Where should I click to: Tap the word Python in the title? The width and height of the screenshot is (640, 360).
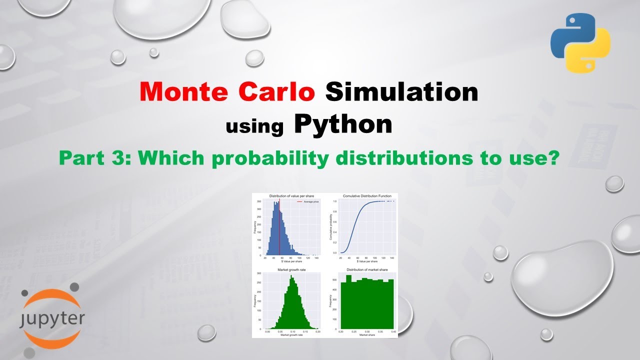pos(343,124)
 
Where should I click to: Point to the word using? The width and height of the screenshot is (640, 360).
pos(254,126)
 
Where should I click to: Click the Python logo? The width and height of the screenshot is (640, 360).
pos(580,43)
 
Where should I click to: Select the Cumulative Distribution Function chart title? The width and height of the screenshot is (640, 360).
pos(367,195)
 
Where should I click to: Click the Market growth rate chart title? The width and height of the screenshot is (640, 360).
pos(291,269)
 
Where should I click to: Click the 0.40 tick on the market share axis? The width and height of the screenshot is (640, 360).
pos(393,331)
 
